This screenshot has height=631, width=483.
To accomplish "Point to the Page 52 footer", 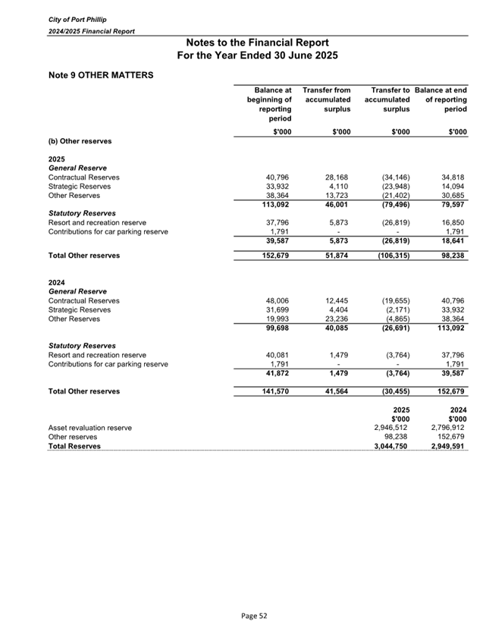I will click(241, 616).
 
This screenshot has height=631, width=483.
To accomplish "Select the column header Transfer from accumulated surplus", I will click(327, 99).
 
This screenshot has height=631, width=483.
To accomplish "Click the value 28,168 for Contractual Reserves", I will click(337, 177).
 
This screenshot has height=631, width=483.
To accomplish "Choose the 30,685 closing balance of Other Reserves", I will click(453, 195).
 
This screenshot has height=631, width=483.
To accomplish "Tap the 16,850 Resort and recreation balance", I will click(453, 223).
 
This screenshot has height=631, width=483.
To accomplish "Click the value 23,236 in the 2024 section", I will click(337, 319).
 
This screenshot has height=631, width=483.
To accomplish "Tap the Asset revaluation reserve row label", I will click(89, 428).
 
